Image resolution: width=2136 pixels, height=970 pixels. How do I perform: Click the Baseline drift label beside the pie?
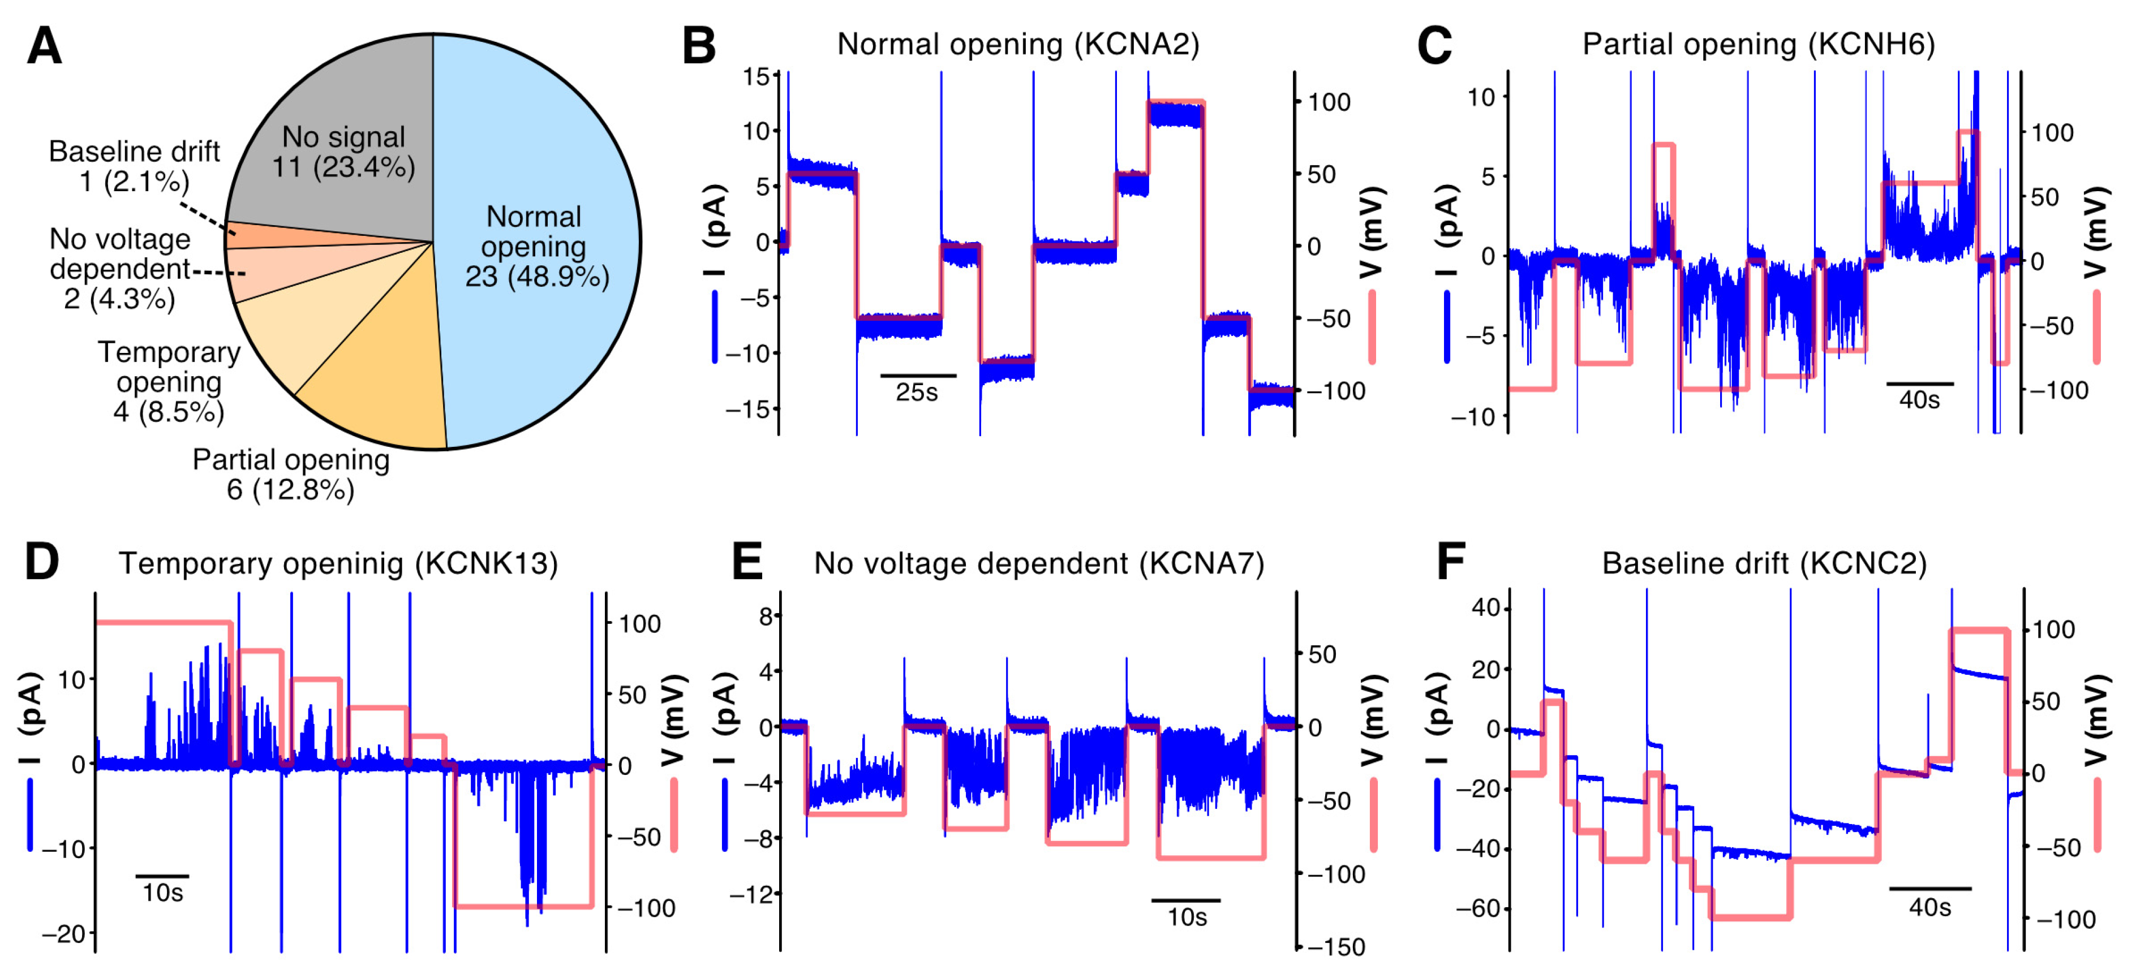pyautogui.click(x=134, y=166)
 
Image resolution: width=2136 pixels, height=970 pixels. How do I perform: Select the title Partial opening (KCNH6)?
pyautogui.click(x=1758, y=44)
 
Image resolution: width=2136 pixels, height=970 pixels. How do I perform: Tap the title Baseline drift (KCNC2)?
pyautogui.click(x=1764, y=564)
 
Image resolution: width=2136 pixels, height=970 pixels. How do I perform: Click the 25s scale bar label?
pyautogui.click(x=916, y=392)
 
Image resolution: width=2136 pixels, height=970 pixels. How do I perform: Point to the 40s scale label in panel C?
pyautogui.click(x=1919, y=400)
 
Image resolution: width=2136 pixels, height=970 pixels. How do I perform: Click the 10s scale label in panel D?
pyautogui.click(x=162, y=893)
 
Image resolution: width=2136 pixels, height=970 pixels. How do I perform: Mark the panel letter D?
pyautogui.click(x=41, y=562)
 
